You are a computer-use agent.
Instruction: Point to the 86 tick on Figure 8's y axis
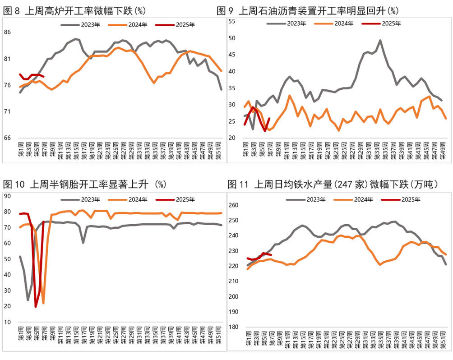pos(8,32)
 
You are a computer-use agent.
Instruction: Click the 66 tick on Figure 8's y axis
pos(8,138)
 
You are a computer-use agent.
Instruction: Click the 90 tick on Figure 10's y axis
pos(7,195)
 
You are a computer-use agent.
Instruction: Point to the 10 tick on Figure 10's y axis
pos(7,322)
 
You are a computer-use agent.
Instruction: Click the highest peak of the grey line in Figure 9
pos(380,40)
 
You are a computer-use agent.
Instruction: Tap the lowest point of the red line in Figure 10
pos(36,307)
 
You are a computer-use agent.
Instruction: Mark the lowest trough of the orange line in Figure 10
pos(43,303)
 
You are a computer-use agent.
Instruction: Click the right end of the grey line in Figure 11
pos(446,264)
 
